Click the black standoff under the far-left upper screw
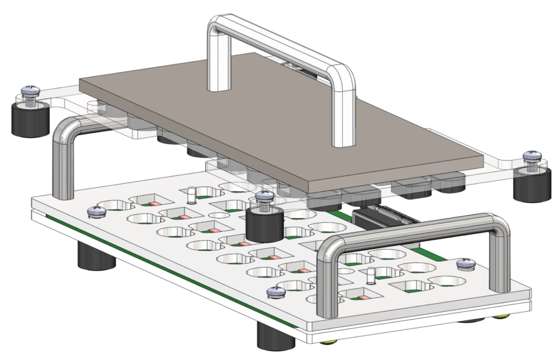coord(28,120)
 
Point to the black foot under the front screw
coord(276,336)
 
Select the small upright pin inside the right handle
coord(371,276)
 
